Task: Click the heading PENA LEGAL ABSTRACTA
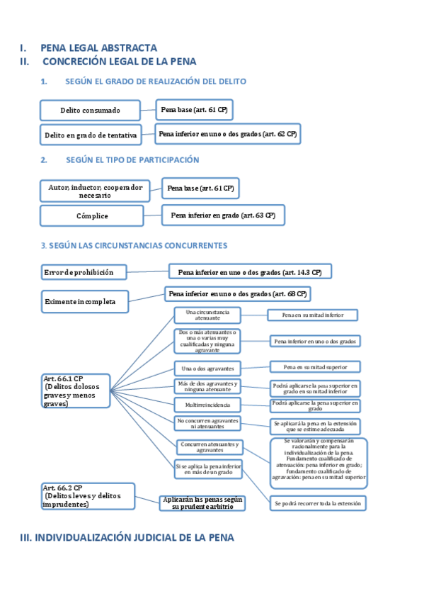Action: pyautogui.click(x=98, y=48)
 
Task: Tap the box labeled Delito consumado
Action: pyautogui.click(x=90, y=111)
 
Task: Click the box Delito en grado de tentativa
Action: pyautogui.click(x=90, y=135)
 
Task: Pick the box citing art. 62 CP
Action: pyautogui.click(x=228, y=133)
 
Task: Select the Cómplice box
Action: pyautogui.click(x=92, y=215)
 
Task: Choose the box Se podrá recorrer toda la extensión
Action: pyautogui.click(x=318, y=503)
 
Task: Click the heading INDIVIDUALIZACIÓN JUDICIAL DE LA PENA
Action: pyautogui.click(x=126, y=538)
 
